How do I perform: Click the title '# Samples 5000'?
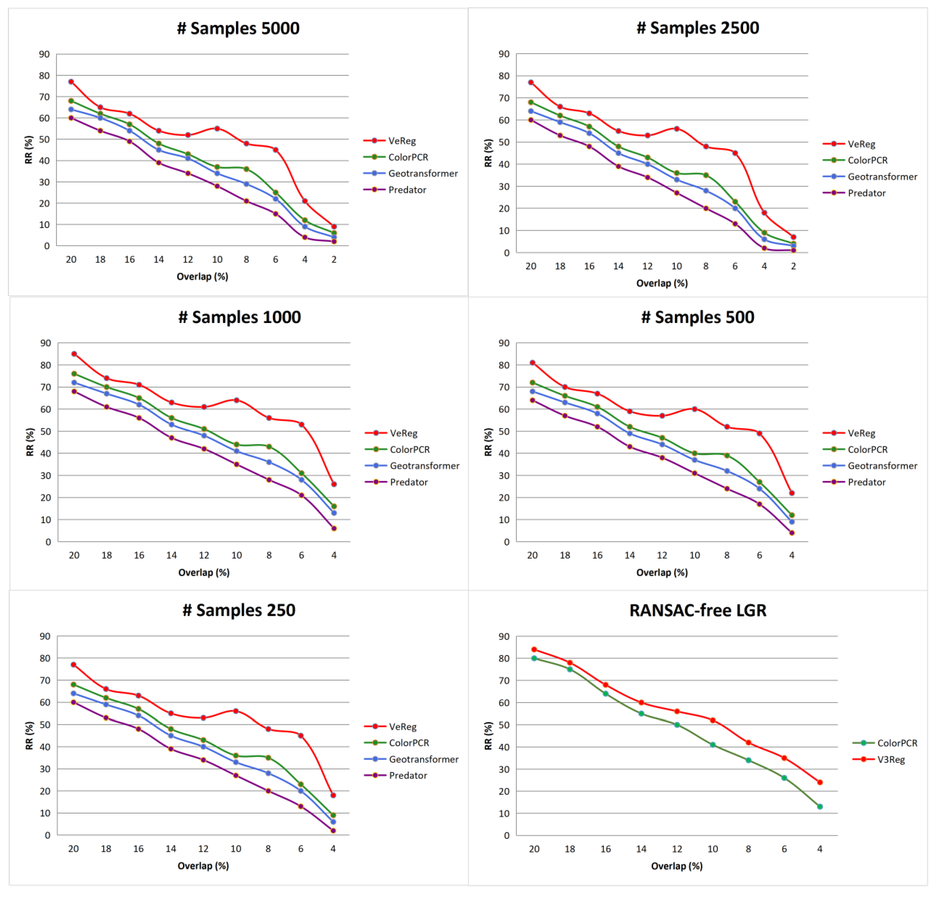(x=238, y=28)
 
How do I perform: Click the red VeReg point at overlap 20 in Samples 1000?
(x=74, y=354)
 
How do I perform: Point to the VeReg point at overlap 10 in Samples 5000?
(x=217, y=128)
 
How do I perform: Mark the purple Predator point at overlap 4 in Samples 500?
(x=792, y=533)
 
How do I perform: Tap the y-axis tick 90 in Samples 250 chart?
(x=45, y=636)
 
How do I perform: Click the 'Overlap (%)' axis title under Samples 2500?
(x=662, y=283)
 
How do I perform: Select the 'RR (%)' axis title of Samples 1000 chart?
(x=30, y=442)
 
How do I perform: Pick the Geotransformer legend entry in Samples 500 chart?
(x=870, y=465)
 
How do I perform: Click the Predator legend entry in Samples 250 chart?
(x=395, y=775)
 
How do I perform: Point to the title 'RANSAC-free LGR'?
(x=698, y=610)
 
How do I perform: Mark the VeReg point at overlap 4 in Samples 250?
(x=333, y=795)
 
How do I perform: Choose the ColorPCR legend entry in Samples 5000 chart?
(x=396, y=157)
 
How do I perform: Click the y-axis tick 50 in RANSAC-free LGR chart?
(x=504, y=725)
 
